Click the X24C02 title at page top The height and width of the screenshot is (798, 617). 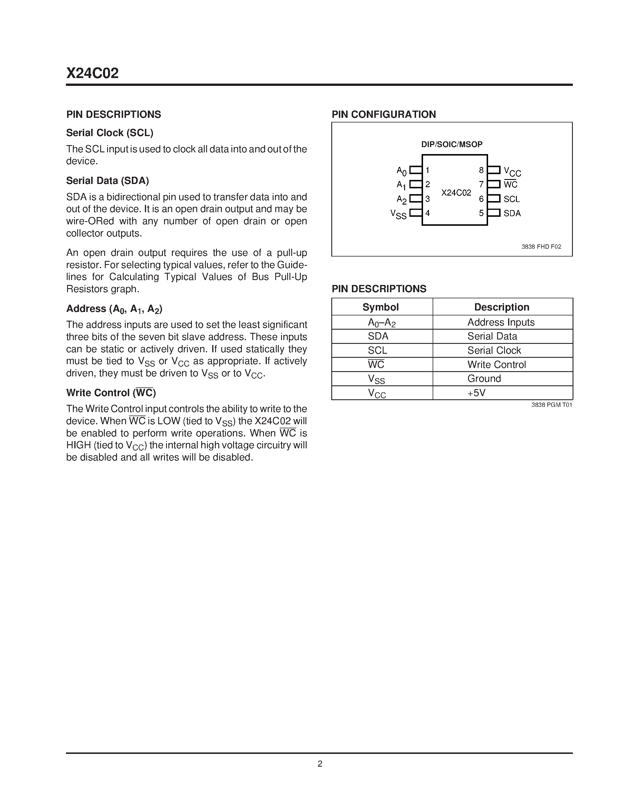pos(92,73)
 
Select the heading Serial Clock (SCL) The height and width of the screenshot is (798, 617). pos(110,133)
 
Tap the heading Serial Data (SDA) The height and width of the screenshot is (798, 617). pos(107,180)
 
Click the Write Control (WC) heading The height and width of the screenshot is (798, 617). pos(111,393)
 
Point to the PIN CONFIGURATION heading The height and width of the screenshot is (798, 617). pos(384,114)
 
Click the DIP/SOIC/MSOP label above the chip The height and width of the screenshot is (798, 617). pos(451,144)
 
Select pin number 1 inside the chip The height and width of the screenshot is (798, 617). pos(427,170)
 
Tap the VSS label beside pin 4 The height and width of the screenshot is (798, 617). pos(398,214)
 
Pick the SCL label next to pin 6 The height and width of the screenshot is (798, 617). pos(511,199)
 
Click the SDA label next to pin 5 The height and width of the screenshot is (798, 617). pos(512,213)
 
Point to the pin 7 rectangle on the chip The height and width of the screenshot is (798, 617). pos(494,184)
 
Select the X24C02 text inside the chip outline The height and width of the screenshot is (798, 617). pos(456,193)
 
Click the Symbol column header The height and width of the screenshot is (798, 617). pos(381,307)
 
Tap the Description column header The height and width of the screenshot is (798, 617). pos(501,307)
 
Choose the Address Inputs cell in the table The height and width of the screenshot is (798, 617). pos(501,322)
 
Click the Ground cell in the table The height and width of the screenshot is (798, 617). pos(484,378)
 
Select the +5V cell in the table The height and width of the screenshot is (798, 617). pos(476,393)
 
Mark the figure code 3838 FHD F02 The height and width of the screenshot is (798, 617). pos(541,247)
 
